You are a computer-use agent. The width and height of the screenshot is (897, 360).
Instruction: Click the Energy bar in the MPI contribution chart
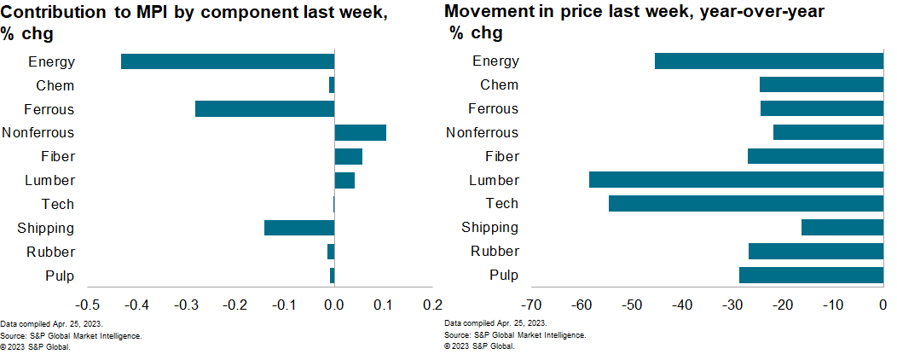coord(227,61)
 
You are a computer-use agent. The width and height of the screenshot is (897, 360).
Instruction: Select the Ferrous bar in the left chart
coord(264,109)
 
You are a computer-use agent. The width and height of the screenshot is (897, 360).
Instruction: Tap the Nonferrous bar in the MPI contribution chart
coord(360,132)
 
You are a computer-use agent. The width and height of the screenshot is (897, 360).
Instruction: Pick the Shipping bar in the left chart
coord(298,228)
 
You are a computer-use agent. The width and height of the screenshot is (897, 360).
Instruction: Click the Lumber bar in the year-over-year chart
coord(735,180)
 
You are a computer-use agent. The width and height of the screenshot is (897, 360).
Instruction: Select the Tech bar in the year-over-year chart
coord(745,204)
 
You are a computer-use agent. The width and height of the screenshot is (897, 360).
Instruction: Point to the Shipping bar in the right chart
coord(842,228)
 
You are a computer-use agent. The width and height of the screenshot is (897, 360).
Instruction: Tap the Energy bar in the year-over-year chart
coord(768,61)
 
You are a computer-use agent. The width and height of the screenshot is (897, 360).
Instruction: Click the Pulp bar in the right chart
coord(810,275)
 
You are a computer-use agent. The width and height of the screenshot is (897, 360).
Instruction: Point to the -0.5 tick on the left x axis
coord(88,305)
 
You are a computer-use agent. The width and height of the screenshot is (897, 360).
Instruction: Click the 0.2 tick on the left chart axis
coord(433,305)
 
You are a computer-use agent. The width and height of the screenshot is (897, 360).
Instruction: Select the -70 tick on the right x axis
coord(531,305)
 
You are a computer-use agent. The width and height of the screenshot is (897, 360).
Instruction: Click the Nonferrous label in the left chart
coord(38,132)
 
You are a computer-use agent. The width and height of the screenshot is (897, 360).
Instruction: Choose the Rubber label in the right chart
coord(495,252)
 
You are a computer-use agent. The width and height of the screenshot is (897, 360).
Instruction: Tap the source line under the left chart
coord(71,335)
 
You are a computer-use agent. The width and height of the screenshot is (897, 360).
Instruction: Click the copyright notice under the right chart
coord(479,346)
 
